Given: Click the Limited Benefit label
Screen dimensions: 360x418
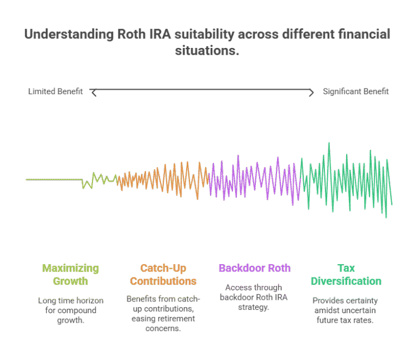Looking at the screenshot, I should click(55, 91).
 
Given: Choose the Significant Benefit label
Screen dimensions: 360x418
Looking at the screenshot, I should click(356, 91).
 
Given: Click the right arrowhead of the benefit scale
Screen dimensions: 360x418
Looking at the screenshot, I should click(313, 93).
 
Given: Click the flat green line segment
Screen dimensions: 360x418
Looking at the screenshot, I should click(53, 179).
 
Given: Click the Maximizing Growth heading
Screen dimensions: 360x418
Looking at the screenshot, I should click(70, 274).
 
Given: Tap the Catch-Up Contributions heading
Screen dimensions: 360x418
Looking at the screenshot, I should click(163, 274).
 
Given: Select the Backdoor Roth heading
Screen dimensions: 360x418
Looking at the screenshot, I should click(254, 268).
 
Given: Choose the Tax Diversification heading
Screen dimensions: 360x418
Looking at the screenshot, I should click(346, 274).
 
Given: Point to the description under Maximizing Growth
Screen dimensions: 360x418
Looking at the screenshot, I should click(70, 310).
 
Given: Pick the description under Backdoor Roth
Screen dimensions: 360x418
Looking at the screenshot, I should click(254, 297).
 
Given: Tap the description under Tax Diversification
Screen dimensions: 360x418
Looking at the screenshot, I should click(346, 310).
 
